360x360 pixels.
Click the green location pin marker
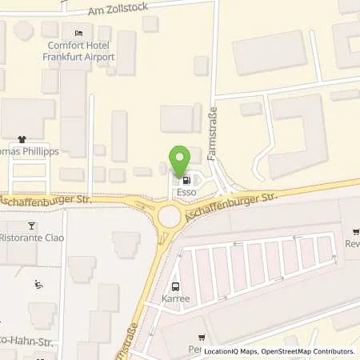point(181,159)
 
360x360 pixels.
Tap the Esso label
point(186,193)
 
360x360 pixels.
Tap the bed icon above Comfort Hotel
point(78,33)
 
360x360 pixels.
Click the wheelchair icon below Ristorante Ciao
point(39,284)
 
